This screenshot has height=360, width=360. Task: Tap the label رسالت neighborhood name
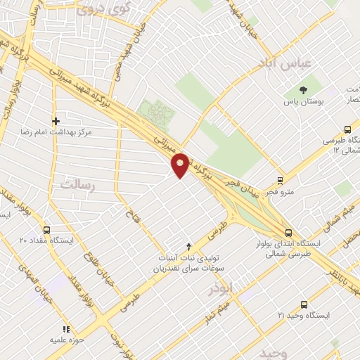pyautogui.click(x=77, y=185)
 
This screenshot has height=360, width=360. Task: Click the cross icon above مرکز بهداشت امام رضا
pyautogui.click(x=56, y=120)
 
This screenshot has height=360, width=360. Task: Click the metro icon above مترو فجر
pyautogui.click(x=281, y=179)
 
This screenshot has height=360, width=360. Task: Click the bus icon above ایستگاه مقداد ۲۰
pyautogui.click(x=47, y=230)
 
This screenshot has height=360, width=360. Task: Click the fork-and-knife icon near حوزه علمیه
pyautogui.click(x=66, y=328)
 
